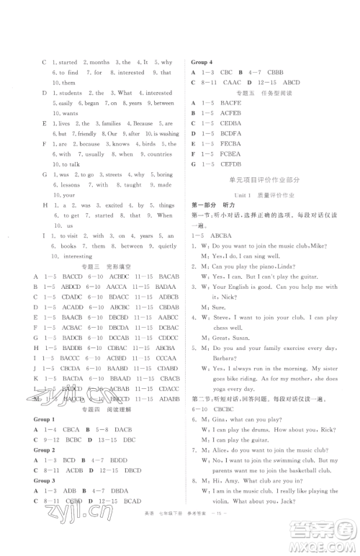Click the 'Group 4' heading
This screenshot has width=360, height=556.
[x=202, y=62]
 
